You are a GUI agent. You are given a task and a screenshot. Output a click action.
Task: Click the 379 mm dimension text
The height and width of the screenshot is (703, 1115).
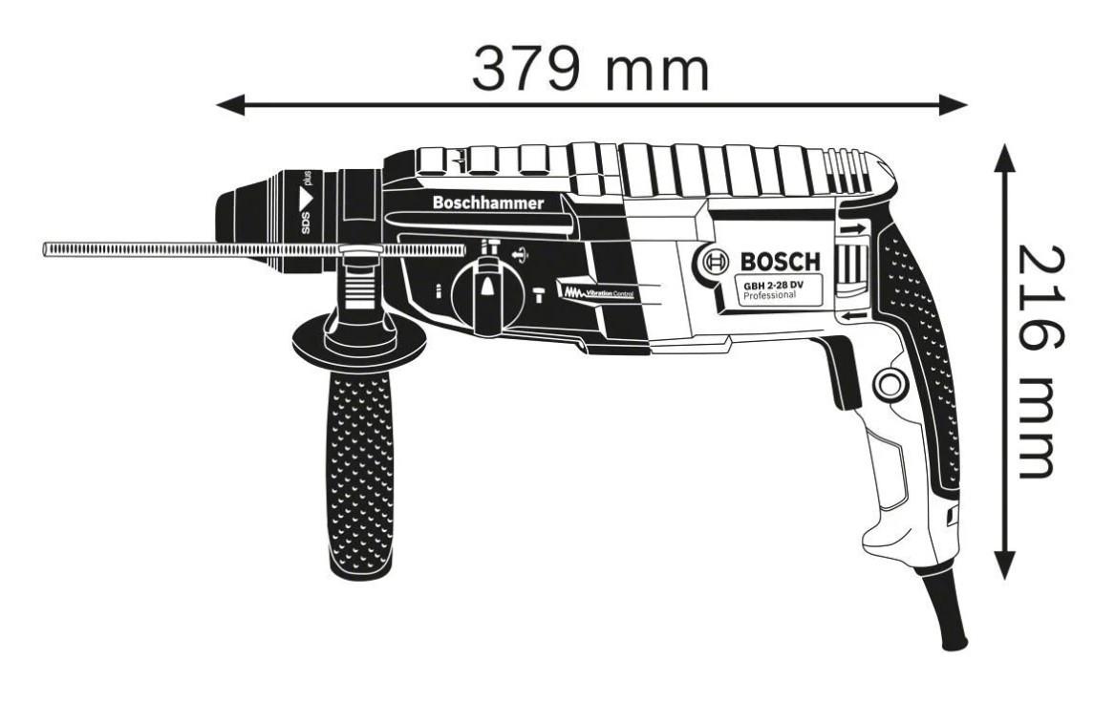point(590,68)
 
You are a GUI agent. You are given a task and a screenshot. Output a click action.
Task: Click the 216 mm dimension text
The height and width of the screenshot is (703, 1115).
point(1041,363)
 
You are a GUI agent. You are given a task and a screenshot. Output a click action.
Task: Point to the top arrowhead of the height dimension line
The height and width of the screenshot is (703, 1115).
point(1004,157)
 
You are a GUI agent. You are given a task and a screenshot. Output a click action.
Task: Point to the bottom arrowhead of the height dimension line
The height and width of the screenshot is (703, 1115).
point(1004,565)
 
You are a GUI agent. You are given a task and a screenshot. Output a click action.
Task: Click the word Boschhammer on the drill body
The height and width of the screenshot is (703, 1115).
point(488,203)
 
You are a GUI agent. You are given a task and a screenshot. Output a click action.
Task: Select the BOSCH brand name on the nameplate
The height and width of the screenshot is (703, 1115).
point(780,261)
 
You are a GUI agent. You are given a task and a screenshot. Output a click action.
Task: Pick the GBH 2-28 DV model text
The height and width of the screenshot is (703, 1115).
point(773,285)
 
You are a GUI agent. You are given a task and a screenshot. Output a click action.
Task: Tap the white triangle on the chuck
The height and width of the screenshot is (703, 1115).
point(306,196)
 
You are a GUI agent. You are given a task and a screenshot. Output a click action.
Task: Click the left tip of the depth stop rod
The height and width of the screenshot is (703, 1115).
point(44,249)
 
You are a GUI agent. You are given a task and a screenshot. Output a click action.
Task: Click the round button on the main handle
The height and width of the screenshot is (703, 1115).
point(890,385)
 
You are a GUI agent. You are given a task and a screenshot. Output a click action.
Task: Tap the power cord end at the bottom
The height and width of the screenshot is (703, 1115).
point(953,641)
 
